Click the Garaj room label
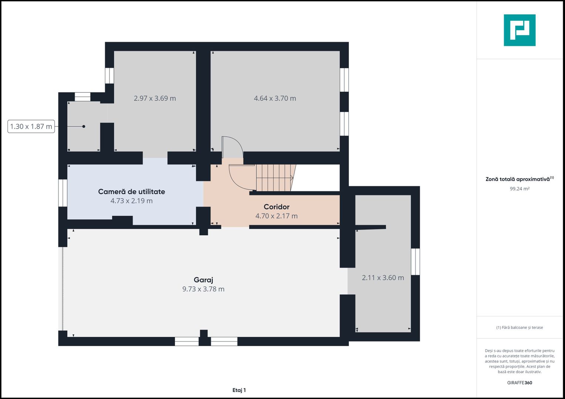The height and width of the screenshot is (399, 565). (x=203, y=280)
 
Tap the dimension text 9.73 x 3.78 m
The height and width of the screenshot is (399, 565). (x=203, y=289)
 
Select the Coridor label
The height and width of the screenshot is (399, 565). (x=276, y=207)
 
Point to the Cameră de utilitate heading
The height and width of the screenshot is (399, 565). (x=131, y=192)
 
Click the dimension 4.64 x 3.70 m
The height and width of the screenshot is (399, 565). (x=275, y=98)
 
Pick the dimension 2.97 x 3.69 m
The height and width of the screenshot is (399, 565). (x=155, y=98)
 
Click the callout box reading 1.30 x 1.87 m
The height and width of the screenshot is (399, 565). (x=31, y=126)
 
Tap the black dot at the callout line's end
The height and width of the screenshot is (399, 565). (x=84, y=126)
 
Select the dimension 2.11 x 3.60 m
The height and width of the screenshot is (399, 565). (x=383, y=277)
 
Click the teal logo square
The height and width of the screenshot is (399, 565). (x=519, y=30)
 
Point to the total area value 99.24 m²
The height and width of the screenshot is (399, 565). (x=519, y=189)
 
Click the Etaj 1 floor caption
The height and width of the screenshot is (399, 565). (x=239, y=390)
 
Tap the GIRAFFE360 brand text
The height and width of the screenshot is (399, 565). (x=519, y=383)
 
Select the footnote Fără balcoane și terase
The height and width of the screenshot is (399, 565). (x=519, y=327)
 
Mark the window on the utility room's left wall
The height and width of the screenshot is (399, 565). (x=63, y=193)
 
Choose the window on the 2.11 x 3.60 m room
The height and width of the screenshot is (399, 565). (x=416, y=262)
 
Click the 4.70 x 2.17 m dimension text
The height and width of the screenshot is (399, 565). (x=276, y=216)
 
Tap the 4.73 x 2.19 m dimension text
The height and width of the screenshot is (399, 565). (x=131, y=201)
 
